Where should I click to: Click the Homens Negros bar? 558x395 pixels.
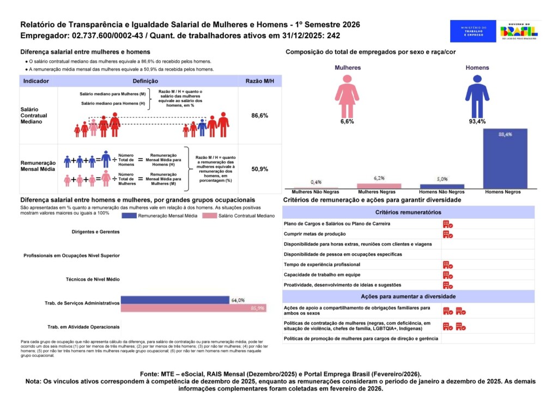click(505, 159)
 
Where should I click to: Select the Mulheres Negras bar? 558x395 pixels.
click(379, 186)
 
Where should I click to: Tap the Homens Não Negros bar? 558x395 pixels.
click(442, 187)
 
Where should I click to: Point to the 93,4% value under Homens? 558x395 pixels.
click(477, 122)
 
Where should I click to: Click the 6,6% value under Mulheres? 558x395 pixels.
click(347, 122)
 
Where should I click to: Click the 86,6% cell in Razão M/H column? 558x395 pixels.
click(259, 116)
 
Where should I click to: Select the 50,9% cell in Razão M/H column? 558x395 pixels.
click(259, 169)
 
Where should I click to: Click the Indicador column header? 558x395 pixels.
click(37, 81)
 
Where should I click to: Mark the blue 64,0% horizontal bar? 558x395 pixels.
click(175, 300)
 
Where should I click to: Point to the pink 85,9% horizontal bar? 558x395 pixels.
click(193, 308)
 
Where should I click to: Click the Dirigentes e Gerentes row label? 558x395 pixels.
click(95, 232)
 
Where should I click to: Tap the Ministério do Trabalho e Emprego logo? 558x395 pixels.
click(473, 31)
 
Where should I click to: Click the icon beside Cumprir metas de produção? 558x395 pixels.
click(448, 235)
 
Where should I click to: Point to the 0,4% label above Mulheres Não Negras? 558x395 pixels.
click(316, 182)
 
